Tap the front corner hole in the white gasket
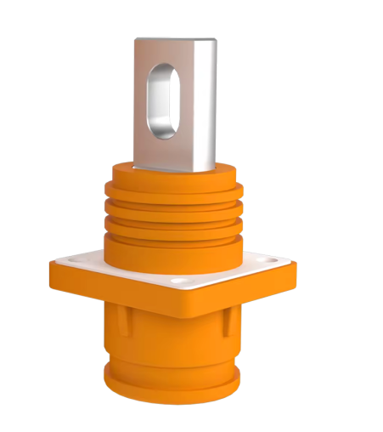point(177,279)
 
